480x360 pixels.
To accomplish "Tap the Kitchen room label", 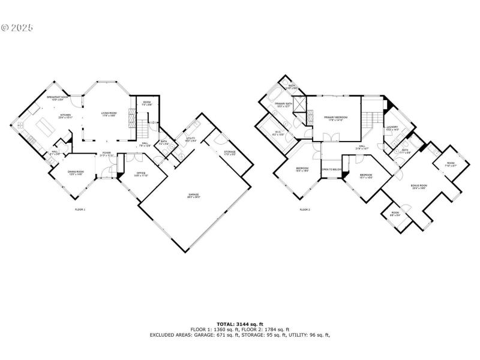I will point(65,116).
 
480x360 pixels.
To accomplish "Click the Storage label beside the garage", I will point(230,152).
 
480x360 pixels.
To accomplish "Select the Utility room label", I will point(191,139).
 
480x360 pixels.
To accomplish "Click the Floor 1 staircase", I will point(142,128).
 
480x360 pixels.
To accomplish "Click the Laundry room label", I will point(392,128).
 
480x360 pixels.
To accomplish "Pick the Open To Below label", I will point(331,170).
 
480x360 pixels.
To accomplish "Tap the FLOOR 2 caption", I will point(304,209).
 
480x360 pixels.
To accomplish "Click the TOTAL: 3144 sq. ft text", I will point(239,324).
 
